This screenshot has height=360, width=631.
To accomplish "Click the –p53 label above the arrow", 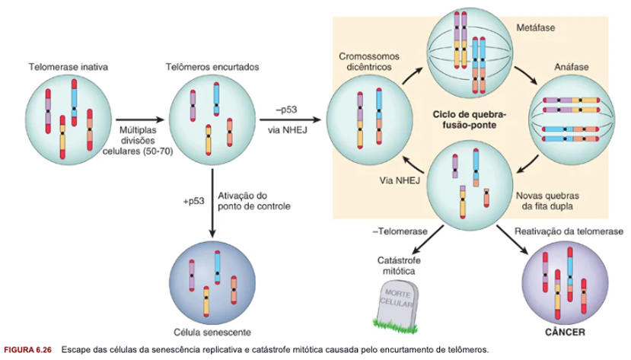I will tap(286, 108).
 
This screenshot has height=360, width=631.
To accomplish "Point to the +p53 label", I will tap(193, 202).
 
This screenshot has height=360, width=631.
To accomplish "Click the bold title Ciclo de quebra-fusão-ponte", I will tap(473, 119).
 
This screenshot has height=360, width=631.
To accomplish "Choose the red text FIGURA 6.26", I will tap(27, 349).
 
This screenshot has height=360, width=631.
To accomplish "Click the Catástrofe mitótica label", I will tap(398, 266).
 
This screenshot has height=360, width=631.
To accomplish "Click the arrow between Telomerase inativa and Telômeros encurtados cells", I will tap(139, 119).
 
